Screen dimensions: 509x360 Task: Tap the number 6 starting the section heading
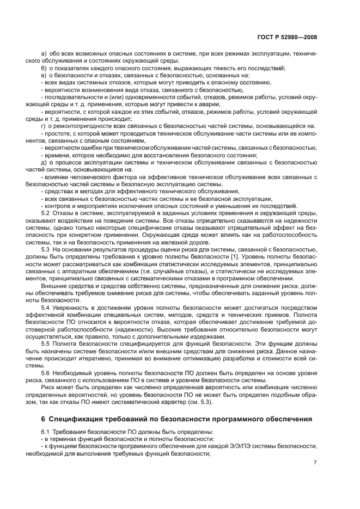[x=43, y=419]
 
